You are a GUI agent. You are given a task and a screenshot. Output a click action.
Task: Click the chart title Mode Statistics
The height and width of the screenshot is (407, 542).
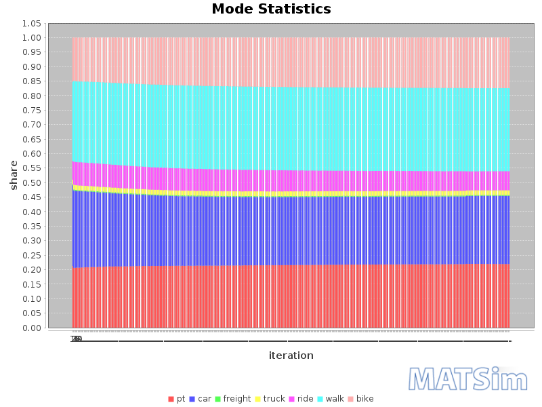tap(271, 9)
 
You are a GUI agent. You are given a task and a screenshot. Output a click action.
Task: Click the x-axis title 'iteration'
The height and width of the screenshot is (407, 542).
tap(291, 355)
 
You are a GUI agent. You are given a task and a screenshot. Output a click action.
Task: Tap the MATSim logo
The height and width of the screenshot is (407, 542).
tap(468, 379)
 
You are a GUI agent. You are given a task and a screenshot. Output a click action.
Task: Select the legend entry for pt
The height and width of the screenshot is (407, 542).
tap(177, 399)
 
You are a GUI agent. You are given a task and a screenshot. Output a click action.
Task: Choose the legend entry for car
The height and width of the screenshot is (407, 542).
tap(201, 399)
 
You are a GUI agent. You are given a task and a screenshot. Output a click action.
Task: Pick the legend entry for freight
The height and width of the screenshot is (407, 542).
tap(232, 399)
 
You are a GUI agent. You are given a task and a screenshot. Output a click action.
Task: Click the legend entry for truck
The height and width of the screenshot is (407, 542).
tap(270, 399)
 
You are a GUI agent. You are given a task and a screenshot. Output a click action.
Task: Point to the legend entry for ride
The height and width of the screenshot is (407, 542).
tap(301, 399)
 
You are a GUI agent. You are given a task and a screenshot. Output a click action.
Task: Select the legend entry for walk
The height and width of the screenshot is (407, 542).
tap(331, 399)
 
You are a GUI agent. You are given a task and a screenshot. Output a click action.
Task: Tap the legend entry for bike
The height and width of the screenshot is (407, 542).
tap(360, 399)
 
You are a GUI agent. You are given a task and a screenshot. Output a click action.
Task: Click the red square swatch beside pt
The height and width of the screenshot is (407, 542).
tap(171, 399)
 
